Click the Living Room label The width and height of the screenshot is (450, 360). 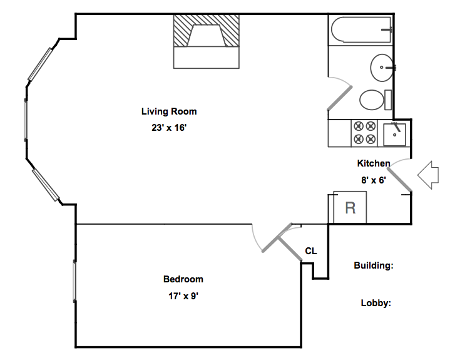tap(169, 111)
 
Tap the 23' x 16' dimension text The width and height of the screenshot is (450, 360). tap(169, 128)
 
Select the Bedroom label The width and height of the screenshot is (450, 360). tap(183, 279)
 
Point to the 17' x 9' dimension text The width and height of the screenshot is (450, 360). tap(183, 296)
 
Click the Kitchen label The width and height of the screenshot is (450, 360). tap(374, 163)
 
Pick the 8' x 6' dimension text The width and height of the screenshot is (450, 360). tap(374, 180)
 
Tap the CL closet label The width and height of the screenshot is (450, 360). tap(311, 251)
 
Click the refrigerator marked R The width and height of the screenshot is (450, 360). tap(350, 207)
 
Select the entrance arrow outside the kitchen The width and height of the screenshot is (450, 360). tap(428, 175)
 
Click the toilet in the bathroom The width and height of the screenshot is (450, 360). tap(376, 100)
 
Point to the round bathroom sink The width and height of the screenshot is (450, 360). tap(382, 68)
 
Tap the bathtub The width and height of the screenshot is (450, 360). tap(361, 30)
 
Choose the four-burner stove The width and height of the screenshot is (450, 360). tap(364, 133)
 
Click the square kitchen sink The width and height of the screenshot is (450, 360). tap(395, 135)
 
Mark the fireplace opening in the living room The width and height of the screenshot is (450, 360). tap(207, 35)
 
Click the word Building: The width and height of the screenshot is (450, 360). tap(374, 265)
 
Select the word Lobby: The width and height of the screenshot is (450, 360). tap(376, 303)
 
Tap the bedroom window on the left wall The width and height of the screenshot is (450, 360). tap(74, 280)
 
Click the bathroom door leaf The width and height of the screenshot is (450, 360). tap(340, 98)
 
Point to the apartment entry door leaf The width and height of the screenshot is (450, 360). tap(400, 180)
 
